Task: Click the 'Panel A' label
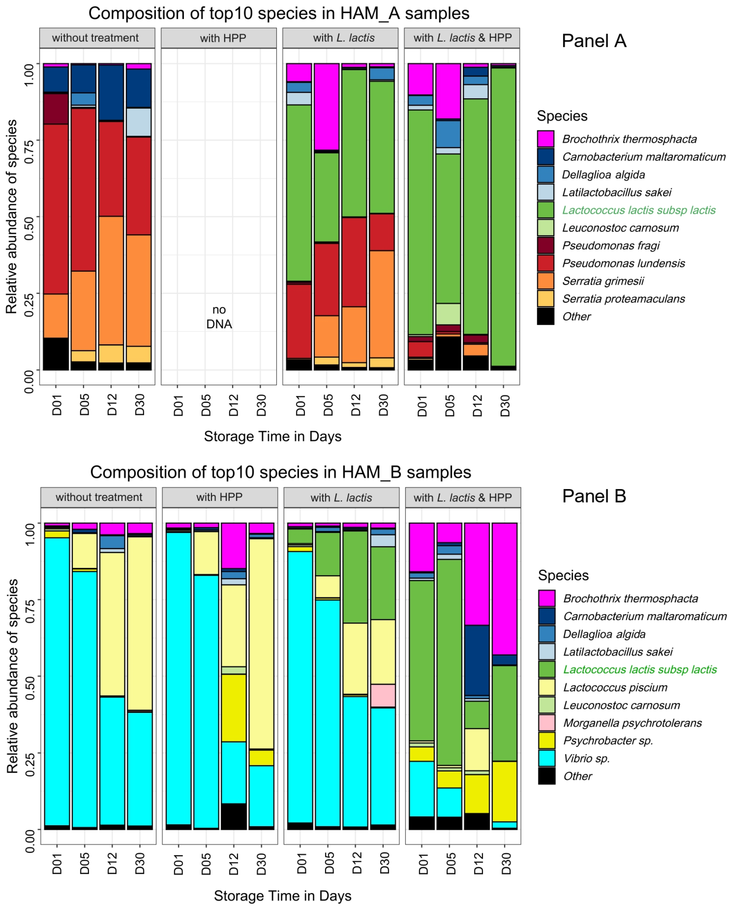(x=594, y=41)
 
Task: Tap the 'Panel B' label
(x=594, y=496)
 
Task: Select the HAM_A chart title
(x=279, y=13)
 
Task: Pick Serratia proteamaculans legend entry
(x=623, y=299)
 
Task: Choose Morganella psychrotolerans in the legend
(x=632, y=723)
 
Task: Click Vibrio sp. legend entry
(x=586, y=758)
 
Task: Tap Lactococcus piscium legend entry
(x=615, y=688)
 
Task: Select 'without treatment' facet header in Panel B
(x=99, y=497)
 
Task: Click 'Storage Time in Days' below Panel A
(x=272, y=436)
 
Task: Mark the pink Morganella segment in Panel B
(x=383, y=695)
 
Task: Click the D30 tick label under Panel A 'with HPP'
(x=261, y=405)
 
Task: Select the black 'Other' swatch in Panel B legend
(x=546, y=776)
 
